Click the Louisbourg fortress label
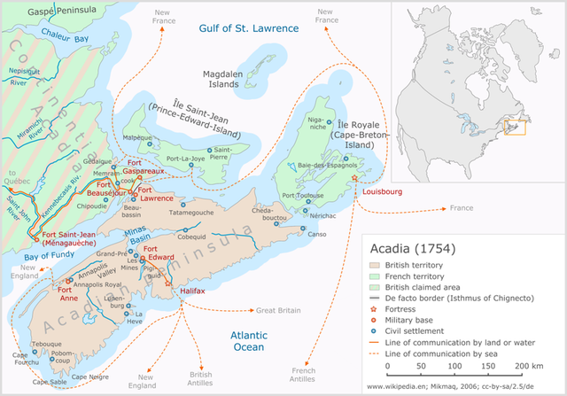click(x=383, y=190)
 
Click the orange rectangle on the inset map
click(x=515, y=128)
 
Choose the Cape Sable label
click(x=50, y=383)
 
